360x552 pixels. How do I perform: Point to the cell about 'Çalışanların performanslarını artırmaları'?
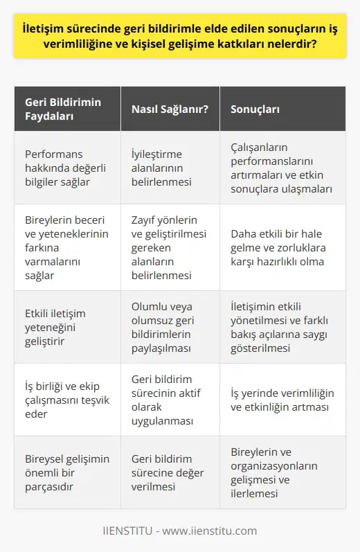282,167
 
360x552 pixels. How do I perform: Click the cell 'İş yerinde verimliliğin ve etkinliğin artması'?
282,400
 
